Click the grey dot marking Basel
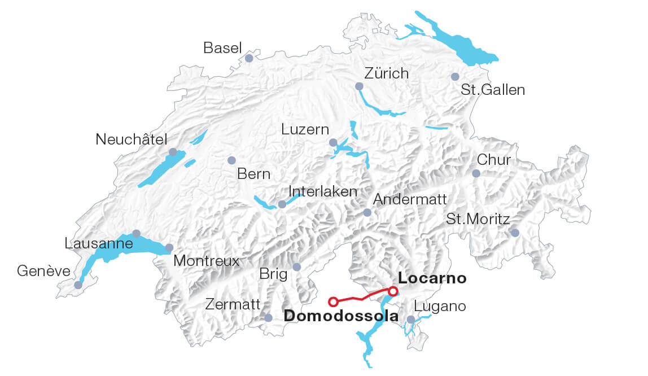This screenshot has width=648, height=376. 249,58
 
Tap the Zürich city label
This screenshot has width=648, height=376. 386,73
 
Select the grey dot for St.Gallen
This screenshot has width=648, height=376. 455,77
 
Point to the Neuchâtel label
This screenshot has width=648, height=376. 132,139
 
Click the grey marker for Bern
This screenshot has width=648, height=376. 231,160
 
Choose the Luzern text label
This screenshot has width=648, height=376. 305,129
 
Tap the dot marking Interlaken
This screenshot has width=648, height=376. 282,204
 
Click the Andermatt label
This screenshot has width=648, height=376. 410,199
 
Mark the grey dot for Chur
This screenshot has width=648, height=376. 476,173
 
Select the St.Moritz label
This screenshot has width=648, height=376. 478,219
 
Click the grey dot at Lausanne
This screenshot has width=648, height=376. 136,233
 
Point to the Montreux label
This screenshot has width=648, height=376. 206,261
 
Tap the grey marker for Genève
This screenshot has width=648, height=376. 78,285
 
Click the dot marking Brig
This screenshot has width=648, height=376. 297,267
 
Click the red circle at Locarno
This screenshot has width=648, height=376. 393,291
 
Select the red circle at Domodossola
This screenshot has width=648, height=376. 333,301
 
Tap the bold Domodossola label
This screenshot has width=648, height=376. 341,316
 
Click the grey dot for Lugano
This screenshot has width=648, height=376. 411,320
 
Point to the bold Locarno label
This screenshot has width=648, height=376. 432,278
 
